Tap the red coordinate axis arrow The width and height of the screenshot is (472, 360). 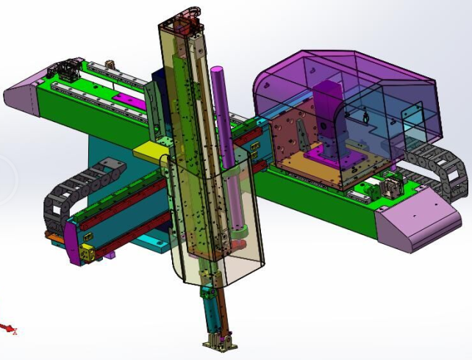click(x=8, y=328)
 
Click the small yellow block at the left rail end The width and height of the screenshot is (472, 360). click(x=87, y=253)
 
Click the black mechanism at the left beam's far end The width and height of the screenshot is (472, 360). click(x=63, y=72)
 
